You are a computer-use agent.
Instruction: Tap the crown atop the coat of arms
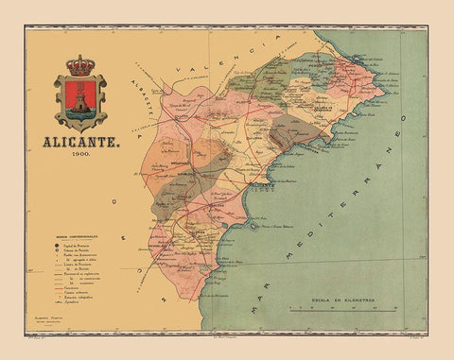coord(80,67)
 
